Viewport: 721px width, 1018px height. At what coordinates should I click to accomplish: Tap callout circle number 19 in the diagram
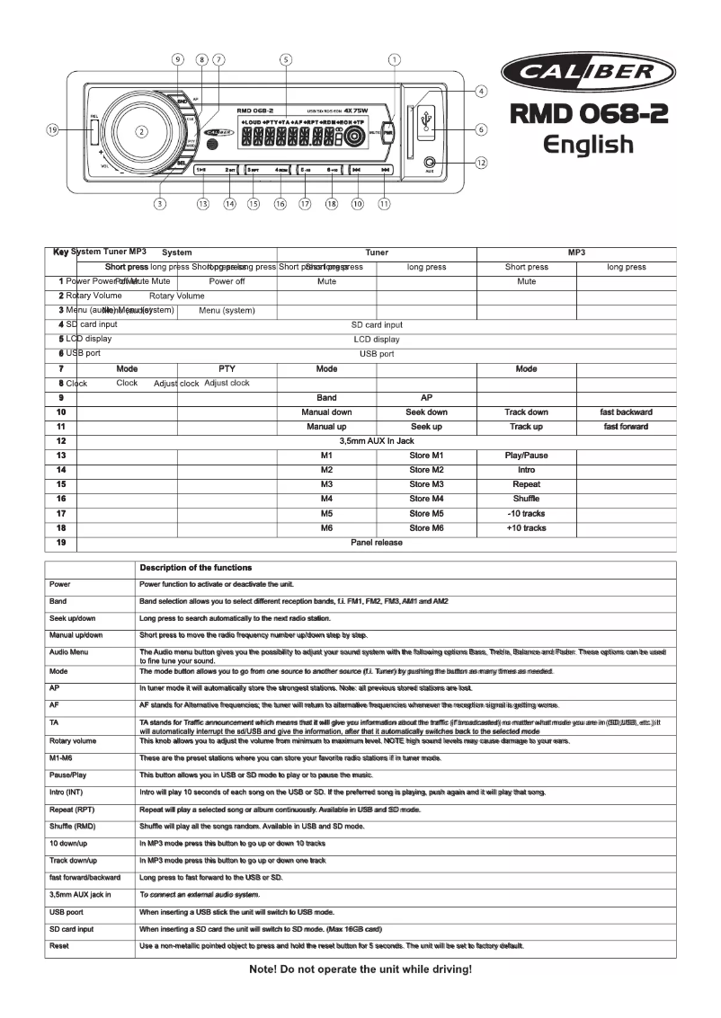coord(53,129)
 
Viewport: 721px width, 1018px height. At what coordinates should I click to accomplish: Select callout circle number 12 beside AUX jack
coord(482,163)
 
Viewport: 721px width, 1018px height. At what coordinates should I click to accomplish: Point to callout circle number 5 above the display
coord(285,60)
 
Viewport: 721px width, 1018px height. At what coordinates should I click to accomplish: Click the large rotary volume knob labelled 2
coord(141,131)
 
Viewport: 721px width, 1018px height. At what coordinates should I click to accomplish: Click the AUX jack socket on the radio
coord(430,163)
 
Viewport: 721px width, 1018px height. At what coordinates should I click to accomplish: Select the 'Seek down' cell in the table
coord(426,412)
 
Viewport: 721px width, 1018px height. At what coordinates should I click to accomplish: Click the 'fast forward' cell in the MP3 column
coord(626,426)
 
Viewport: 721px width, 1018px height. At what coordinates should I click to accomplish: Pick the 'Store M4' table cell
coord(426,499)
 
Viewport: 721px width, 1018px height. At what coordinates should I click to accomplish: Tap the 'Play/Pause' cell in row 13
coord(526,456)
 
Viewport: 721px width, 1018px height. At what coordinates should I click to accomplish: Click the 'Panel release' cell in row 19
coord(376,543)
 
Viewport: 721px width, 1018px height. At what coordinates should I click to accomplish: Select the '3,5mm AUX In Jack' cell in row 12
coord(376,441)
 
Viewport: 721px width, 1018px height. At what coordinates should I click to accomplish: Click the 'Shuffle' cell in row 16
coord(526,499)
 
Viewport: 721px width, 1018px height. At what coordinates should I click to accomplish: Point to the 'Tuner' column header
coord(376,253)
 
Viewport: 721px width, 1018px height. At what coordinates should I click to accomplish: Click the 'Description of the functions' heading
coord(195,567)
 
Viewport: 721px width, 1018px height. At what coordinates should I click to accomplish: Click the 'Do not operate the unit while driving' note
coord(360,970)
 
